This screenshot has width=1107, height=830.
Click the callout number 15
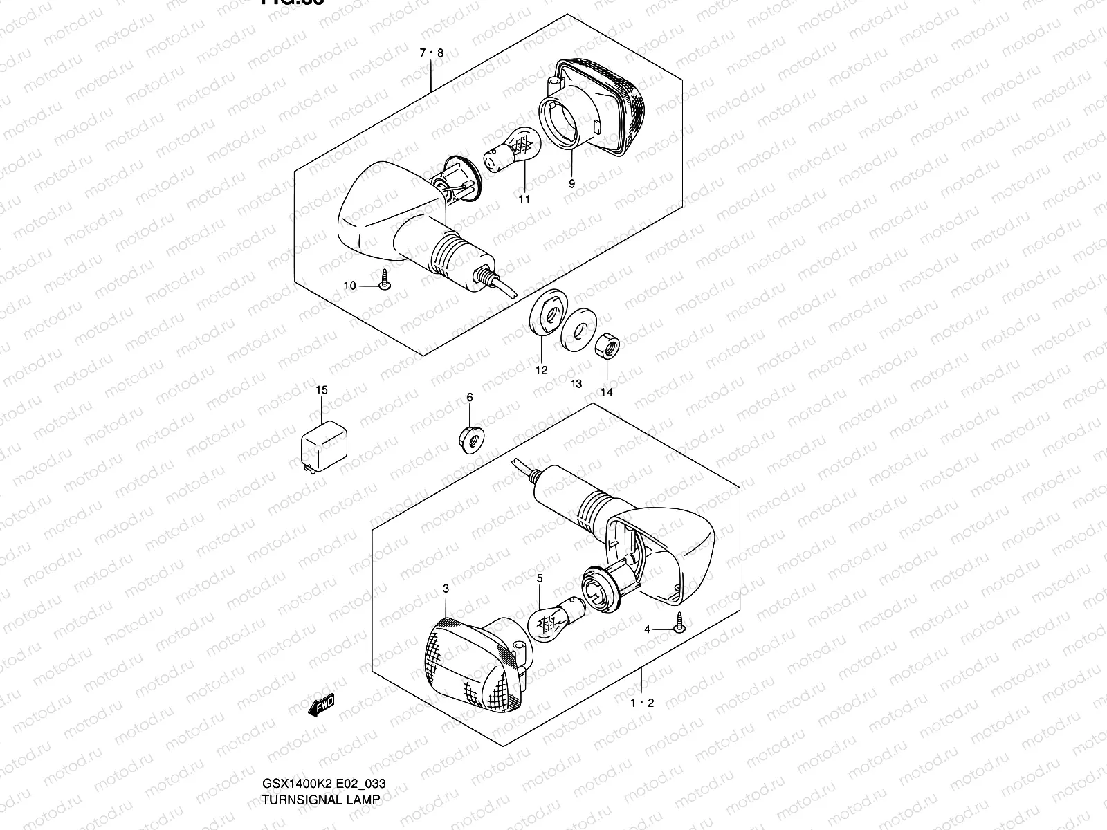tap(322, 390)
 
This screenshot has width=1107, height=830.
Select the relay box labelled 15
tap(323, 443)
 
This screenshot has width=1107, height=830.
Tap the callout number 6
tap(469, 397)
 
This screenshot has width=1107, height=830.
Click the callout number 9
tap(571, 183)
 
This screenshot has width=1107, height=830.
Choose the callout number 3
tap(446, 589)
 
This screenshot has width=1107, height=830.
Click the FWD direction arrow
tap(321, 705)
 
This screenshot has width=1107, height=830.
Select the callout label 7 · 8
tap(430, 53)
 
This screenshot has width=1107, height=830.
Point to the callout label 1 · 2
tap(641, 703)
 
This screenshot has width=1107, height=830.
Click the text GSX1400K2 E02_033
tap(323, 784)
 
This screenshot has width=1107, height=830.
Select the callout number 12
tap(541, 370)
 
